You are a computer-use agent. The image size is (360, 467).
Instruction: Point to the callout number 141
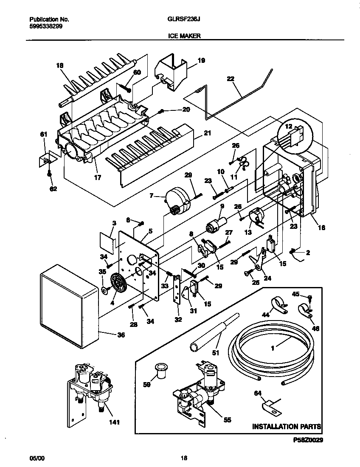pyautogui.click(x=114, y=422)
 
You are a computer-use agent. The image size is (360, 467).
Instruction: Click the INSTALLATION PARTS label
pyautogui.click(x=287, y=426)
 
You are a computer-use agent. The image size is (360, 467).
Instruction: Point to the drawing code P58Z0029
pyautogui.click(x=305, y=441)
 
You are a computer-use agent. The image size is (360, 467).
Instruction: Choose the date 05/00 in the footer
pyautogui.click(x=37, y=459)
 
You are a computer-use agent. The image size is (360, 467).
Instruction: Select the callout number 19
pyautogui.click(x=201, y=61)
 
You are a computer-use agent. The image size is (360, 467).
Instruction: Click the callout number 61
pyautogui.click(x=43, y=135)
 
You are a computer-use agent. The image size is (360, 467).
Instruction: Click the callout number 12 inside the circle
pyautogui.click(x=288, y=127)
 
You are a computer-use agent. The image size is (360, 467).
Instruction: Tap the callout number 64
pyautogui.click(x=257, y=394)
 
